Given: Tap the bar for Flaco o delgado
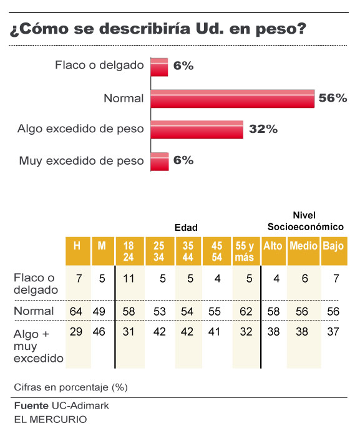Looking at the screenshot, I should click(x=160, y=67).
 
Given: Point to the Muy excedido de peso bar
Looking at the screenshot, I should click(x=160, y=161).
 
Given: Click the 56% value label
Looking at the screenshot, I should click(x=333, y=98).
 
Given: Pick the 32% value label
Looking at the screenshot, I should click(x=263, y=129).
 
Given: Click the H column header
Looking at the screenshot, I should click(x=77, y=246).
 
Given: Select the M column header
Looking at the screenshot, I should click(x=102, y=246).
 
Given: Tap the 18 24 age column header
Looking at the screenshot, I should click(x=129, y=251).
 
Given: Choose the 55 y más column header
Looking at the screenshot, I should click(x=245, y=251).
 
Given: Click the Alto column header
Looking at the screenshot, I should click(x=273, y=246).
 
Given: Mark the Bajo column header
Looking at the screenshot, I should click(x=333, y=246).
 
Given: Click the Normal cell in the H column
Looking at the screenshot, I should click(x=77, y=310).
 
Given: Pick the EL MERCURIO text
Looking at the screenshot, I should click(x=50, y=419).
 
